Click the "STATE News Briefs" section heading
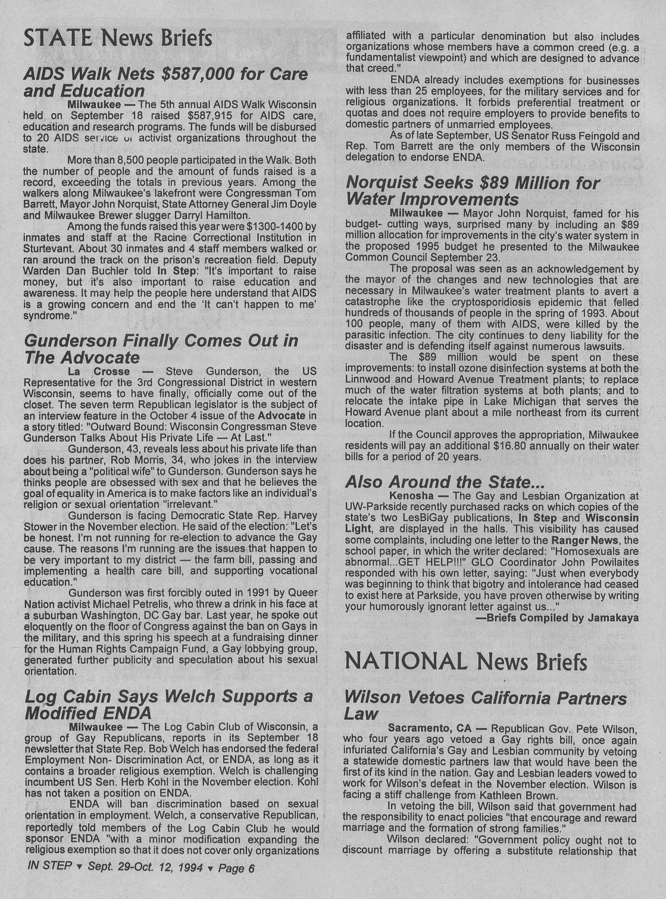pos(118,38)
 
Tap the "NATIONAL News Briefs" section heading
pos(466,661)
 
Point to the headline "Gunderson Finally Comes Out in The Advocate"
pos(161,349)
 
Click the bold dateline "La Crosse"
pos(99,372)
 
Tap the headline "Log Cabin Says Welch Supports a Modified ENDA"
pos(168,704)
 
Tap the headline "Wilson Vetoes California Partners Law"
pos(486,706)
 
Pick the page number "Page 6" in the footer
pos(236,868)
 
